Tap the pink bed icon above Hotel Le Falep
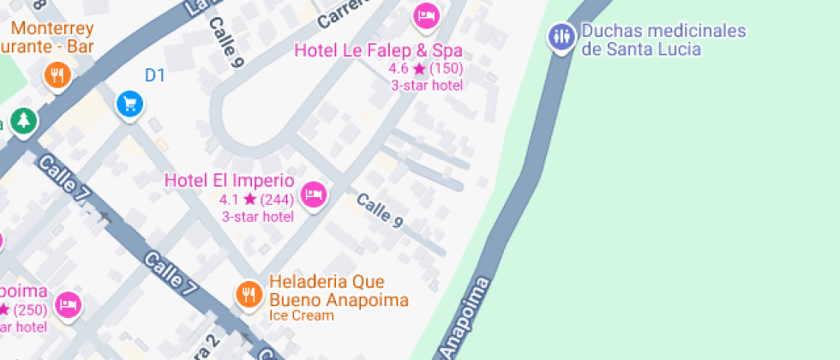426,15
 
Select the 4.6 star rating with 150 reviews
425,69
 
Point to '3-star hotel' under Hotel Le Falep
427,85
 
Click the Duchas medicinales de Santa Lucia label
663,40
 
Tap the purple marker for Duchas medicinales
561,36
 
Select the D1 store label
154,75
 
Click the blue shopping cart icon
129,105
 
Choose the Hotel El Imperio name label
229,181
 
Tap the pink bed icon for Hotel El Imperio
315,195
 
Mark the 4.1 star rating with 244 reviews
256,200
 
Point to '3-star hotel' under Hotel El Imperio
257,216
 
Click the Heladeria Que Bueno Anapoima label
339,291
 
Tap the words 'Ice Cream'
301,315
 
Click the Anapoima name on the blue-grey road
464,318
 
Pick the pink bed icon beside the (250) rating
69,304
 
